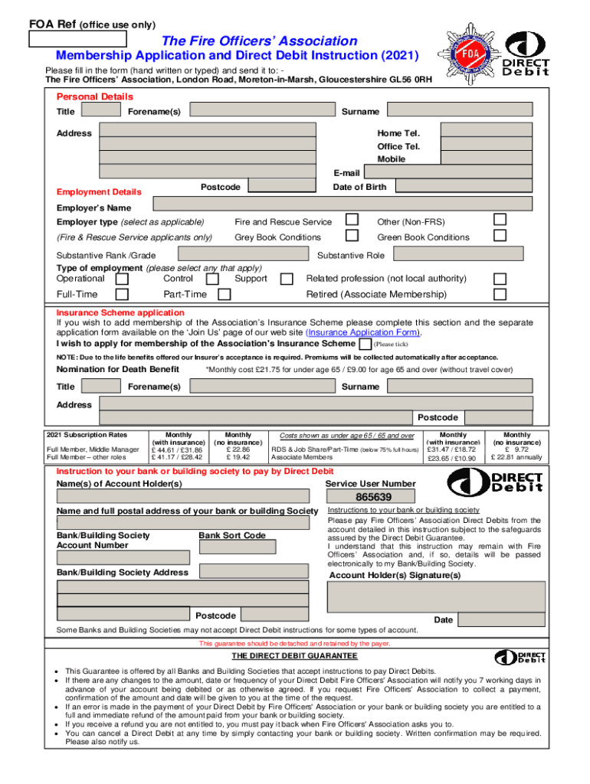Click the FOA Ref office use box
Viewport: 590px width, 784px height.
77,38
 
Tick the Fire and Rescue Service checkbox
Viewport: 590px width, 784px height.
352,220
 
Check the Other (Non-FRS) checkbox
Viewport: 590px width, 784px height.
500,220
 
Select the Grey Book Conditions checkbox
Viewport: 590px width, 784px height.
352,236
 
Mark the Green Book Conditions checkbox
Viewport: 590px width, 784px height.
500,236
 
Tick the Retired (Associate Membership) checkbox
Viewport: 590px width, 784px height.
500,294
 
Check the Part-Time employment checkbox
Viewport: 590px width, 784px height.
225,294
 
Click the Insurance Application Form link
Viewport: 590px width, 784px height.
362,333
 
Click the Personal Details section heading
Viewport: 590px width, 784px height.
94,96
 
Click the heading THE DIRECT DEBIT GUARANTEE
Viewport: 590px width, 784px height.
295,656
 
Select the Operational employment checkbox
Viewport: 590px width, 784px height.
122,279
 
